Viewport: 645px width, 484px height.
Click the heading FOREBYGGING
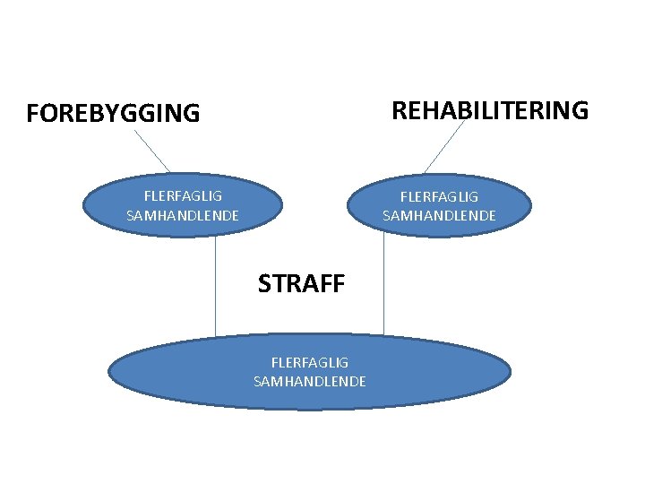114,114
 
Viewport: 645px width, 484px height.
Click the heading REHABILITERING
490,110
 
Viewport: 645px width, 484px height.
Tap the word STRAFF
301,283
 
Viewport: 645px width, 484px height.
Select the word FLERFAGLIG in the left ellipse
183,194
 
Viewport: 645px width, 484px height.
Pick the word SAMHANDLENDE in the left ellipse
183,215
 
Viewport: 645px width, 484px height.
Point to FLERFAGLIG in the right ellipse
439,195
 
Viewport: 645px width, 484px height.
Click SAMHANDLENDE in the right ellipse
439,215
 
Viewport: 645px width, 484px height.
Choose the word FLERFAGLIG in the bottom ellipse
310,362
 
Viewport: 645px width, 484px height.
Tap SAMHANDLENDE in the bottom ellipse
310,382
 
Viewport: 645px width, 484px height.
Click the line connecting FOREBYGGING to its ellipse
152,150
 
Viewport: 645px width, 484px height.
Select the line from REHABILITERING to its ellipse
444,147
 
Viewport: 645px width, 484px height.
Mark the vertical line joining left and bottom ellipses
216,287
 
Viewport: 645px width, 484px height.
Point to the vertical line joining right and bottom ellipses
383,287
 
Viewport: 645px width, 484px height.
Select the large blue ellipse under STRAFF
179,372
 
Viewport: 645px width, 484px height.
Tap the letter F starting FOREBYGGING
32,114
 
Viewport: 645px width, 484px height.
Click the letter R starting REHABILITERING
399,110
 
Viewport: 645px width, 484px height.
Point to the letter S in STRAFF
264,283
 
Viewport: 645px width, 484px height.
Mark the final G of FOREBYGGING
193,114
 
